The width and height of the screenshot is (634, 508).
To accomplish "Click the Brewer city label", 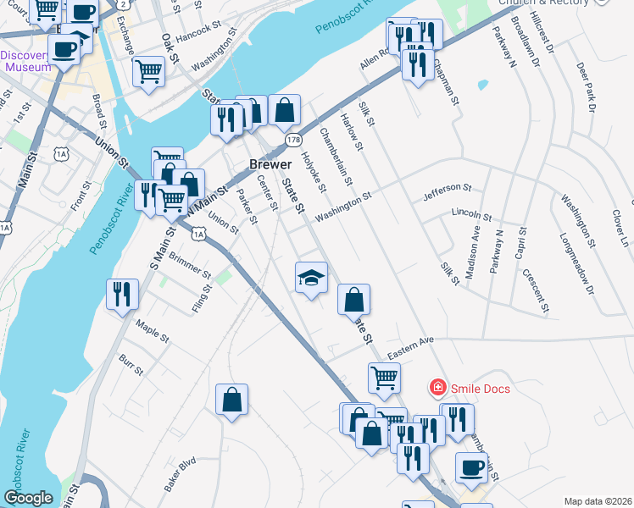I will pyautogui.click(x=270, y=163).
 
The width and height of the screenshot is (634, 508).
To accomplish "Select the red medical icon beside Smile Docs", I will pyautogui.click(x=438, y=388).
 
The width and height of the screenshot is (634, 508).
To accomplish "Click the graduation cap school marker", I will pyautogui.click(x=311, y=277).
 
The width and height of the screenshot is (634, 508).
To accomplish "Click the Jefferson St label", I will pyautogui.click(x=446, y=192).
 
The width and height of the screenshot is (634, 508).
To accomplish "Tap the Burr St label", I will pyautogui.click(x=131, y=365).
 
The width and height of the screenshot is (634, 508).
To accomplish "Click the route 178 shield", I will pyautogui.click(x=293, y=139).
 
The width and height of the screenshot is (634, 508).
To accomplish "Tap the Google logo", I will pyautogui.click(x=29, y=498).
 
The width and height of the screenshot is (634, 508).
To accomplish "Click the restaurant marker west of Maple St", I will pyautogui.click(x=122, y=294).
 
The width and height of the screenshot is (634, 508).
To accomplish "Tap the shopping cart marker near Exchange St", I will pyautogui.click(x=148, y=71).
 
